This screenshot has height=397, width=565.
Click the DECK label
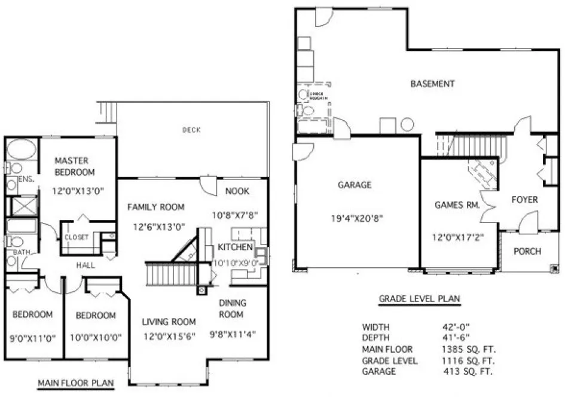point(191,129)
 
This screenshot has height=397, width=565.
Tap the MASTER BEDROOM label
point(75,166)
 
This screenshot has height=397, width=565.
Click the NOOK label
point(237,191)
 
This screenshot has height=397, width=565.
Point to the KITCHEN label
point(235,248)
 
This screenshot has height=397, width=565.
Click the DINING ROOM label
point(231,309)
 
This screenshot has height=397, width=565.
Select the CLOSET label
point(77,237)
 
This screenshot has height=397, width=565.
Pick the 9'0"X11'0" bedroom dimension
point(32,337)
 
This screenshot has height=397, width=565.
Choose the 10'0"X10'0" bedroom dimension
point(96,337)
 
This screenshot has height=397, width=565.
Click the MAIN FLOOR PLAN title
point(75,383)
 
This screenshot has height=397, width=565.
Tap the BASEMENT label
point(432,84)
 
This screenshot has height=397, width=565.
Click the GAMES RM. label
point(457,205)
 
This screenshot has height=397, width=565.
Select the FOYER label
point(524,200)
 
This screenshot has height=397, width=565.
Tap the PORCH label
point(527,251)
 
